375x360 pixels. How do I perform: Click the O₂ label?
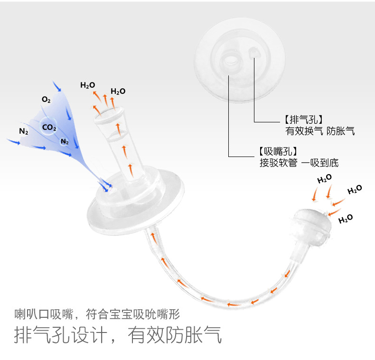point(46,100)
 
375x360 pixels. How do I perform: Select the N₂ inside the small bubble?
point(65,141)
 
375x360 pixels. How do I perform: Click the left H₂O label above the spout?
point(87,85)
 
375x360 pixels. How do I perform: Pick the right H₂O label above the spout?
point(118,91)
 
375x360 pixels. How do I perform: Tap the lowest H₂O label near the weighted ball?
point(346,219)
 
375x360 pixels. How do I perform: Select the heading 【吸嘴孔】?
point(278,152)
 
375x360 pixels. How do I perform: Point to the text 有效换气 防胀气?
point(320,131)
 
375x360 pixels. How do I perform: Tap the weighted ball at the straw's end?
point(311,224)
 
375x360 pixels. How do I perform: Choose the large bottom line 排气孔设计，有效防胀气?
point(118,335)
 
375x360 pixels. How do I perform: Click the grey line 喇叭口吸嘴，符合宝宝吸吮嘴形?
point(97,314)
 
